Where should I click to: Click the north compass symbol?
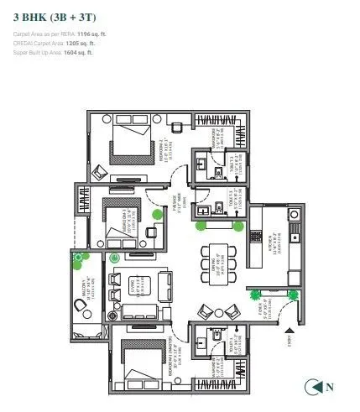coord(314,387)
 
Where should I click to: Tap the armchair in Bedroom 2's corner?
coord(102,172)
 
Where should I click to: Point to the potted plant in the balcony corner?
coord(80,260)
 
